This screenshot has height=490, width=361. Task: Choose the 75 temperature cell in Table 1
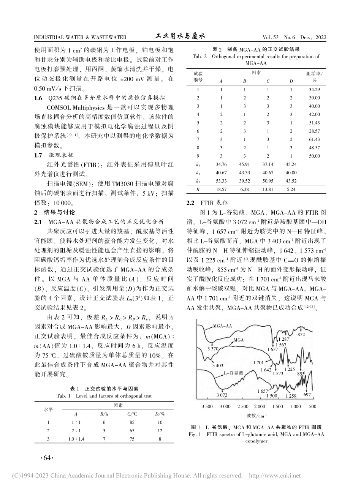coord(132,439)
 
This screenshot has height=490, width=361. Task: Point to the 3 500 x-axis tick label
coord(207,406)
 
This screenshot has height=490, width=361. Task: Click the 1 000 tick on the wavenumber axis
coord(295,406)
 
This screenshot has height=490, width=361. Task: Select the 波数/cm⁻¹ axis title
coord(257,416)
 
